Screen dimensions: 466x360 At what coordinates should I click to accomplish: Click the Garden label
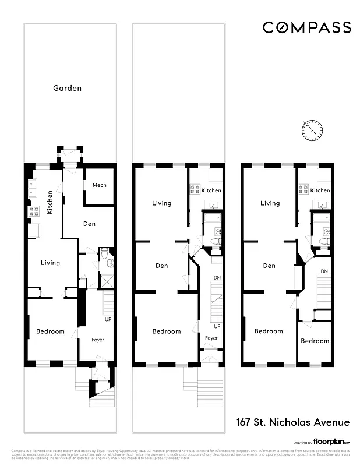click(x=67, y=89)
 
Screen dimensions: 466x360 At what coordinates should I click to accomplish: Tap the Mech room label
click(x=99, y=185)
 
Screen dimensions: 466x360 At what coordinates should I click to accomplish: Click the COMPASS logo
click(x=306, y=27)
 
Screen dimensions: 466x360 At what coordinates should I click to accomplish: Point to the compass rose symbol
click(x=313, y=129)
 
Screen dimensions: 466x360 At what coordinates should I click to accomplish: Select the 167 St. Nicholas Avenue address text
click(x=292, y=422)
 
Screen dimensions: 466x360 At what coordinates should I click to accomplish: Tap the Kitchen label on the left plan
click(x=50, y=202)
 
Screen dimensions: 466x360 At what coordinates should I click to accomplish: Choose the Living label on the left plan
click(x=50, y=263)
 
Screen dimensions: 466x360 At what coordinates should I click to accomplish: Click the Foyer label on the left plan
click(x=98, y=340)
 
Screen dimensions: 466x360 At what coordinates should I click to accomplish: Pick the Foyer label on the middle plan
click(x=211, y=338)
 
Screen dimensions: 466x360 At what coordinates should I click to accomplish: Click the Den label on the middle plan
click(x=162, y=266)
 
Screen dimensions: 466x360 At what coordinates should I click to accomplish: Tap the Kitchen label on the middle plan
click(x=211, y=190)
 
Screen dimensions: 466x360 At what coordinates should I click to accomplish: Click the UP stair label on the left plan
click(x=108, y=320)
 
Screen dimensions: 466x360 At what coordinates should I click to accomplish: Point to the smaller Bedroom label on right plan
click(x=315, y=341)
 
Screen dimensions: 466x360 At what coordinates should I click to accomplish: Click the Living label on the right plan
click(x=270, y=203)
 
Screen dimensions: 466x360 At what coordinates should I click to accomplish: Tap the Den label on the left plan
click(x=89, y=224)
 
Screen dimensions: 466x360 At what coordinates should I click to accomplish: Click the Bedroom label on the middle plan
click(x=167, y=331)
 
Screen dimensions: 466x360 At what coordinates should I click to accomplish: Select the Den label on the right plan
click(x=269, y=266)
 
